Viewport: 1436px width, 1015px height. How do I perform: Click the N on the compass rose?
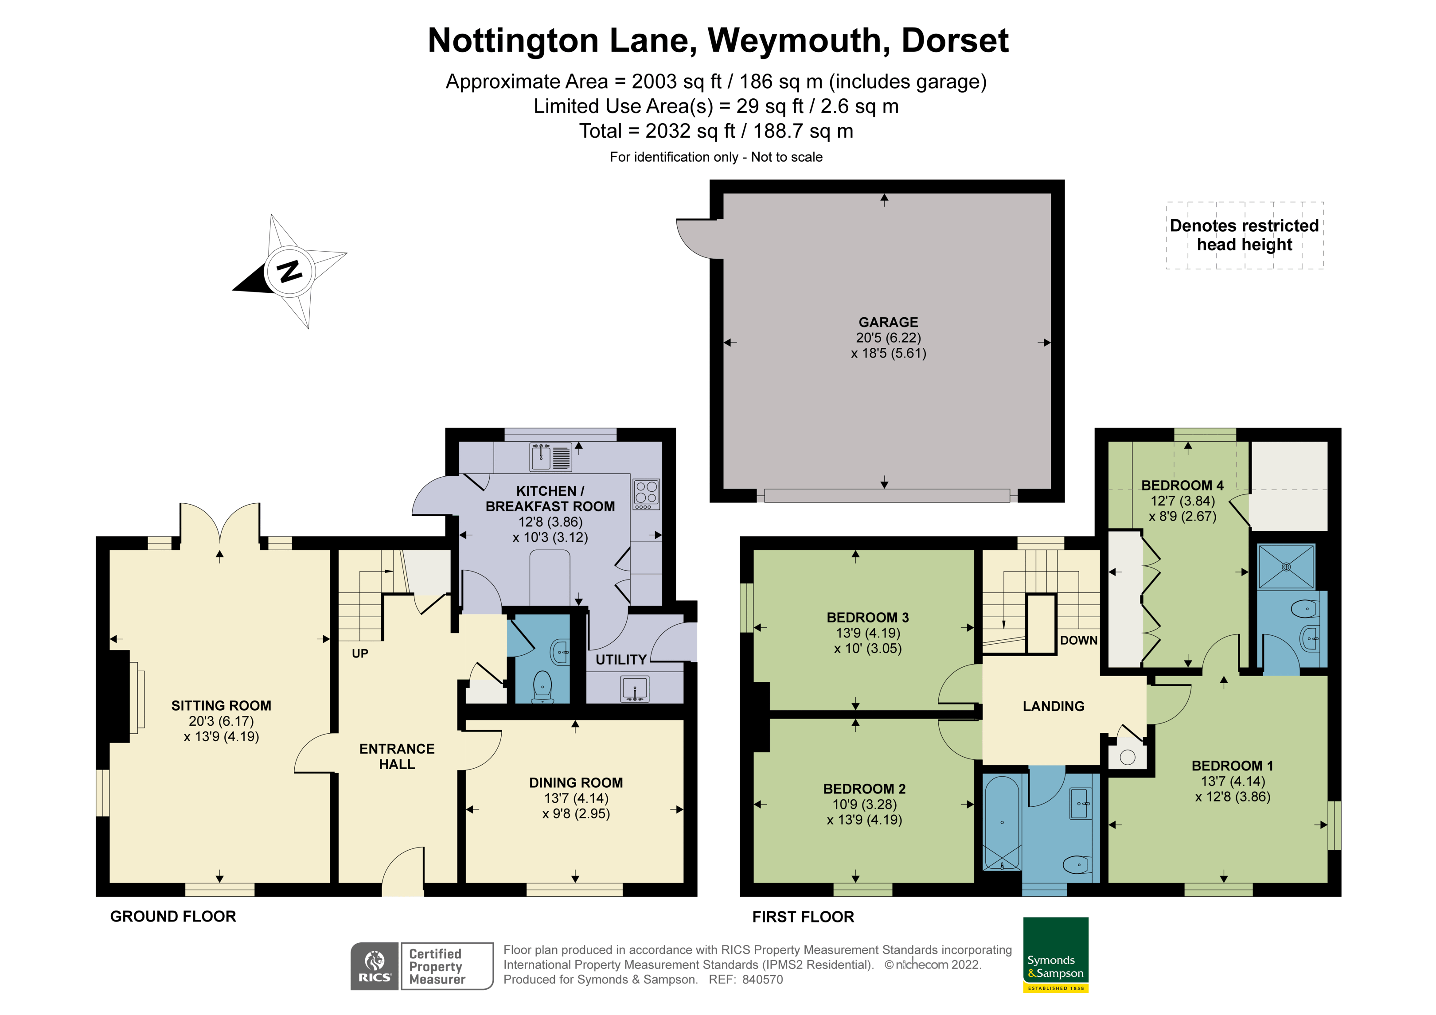[x=289, y=271]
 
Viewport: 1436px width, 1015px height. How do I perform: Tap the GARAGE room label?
[x=888, y=322]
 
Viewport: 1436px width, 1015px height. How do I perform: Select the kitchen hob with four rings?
[x=646, y=494]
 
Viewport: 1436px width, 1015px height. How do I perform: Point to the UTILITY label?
[x=620, y=660]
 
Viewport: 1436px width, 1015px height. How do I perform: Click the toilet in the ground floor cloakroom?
[x=542, y=687]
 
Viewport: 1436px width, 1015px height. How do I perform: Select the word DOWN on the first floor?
[x=1078, y=640]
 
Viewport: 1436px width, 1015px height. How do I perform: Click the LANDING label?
[x=1053, y=706]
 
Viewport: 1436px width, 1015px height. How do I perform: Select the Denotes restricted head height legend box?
[x=1244, y=235]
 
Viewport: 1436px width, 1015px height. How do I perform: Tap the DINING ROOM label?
[x=575, y=782]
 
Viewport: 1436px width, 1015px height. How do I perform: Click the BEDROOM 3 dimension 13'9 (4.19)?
[x=867, y=633]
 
